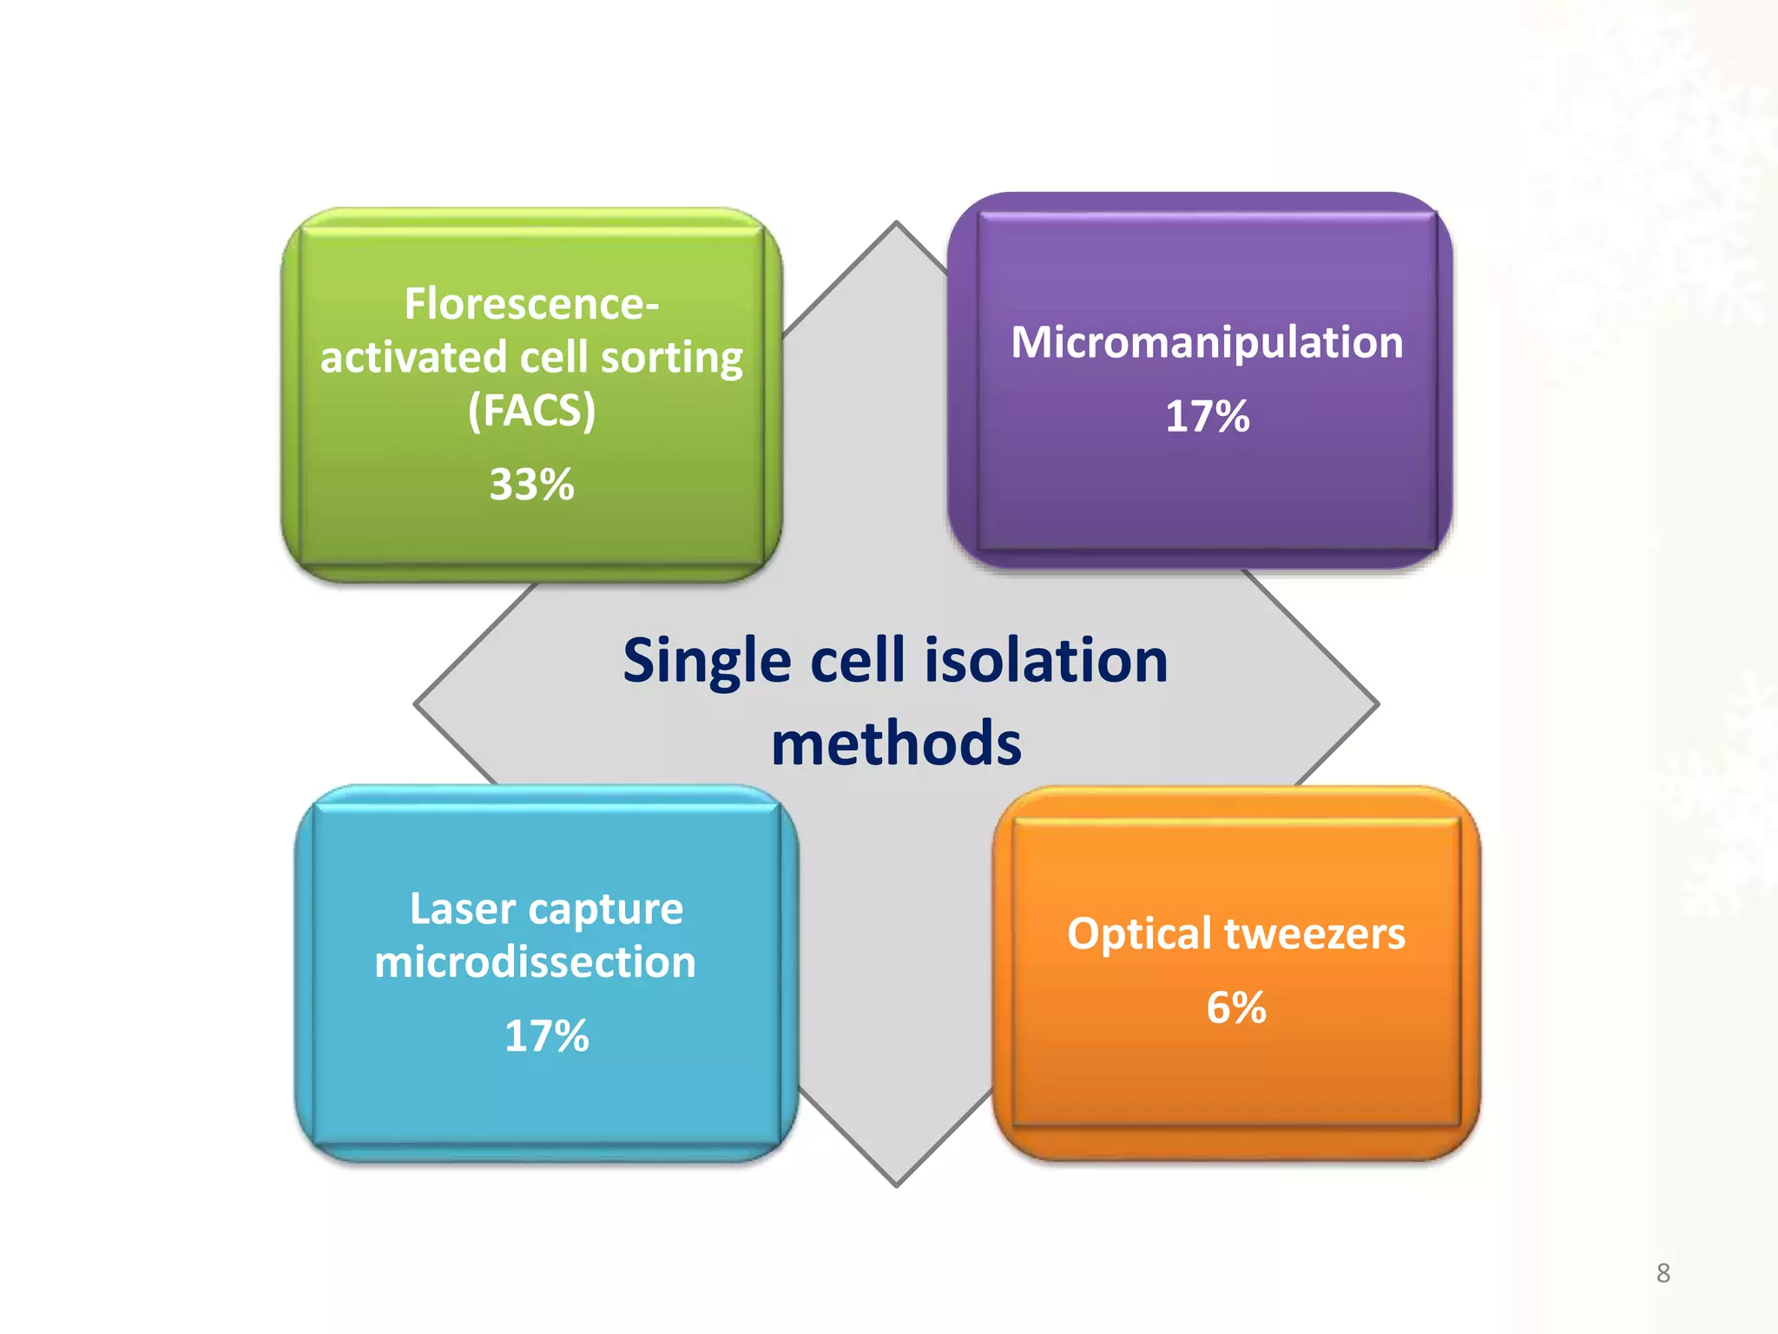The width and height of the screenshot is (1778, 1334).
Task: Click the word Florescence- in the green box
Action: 531,304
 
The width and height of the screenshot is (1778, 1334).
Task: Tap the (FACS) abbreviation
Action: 531,410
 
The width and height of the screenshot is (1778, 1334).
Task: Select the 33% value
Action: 531,484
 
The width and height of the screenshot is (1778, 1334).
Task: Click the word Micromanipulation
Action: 1207,342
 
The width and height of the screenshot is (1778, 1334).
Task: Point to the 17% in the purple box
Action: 1207,416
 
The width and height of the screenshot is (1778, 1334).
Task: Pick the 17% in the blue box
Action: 546,1036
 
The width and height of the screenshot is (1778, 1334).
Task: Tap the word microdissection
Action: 535,962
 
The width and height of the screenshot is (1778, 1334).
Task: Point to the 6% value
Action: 1236,1007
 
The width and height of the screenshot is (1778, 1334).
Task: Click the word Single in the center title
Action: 707,662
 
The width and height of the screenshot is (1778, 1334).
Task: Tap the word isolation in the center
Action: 1046,660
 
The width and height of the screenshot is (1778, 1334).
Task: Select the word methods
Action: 896,744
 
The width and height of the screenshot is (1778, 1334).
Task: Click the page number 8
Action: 1663,1273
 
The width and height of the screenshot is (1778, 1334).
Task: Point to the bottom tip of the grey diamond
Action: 896,1183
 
